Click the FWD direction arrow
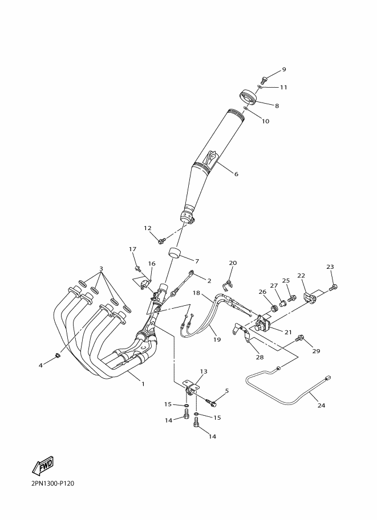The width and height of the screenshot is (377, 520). click(43, 466)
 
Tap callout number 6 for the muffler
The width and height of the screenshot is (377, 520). click(236, 174)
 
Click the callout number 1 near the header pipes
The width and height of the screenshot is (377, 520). click(143, 384)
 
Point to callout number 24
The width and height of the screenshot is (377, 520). click(321, 405)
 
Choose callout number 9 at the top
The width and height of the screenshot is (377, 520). click(283, 69)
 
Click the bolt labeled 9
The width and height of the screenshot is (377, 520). click(264, 80)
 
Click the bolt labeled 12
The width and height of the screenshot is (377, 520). click(162, 240)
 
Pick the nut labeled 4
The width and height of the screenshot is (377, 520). click(58, 356)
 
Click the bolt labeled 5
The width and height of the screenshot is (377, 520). click(212, 403)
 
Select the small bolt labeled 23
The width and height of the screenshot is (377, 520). click(334, 287)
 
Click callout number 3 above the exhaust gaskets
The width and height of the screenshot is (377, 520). click(101, 268)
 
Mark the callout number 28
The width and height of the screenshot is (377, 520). click(260, 357)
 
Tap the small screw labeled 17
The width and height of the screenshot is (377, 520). click(137, 267)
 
